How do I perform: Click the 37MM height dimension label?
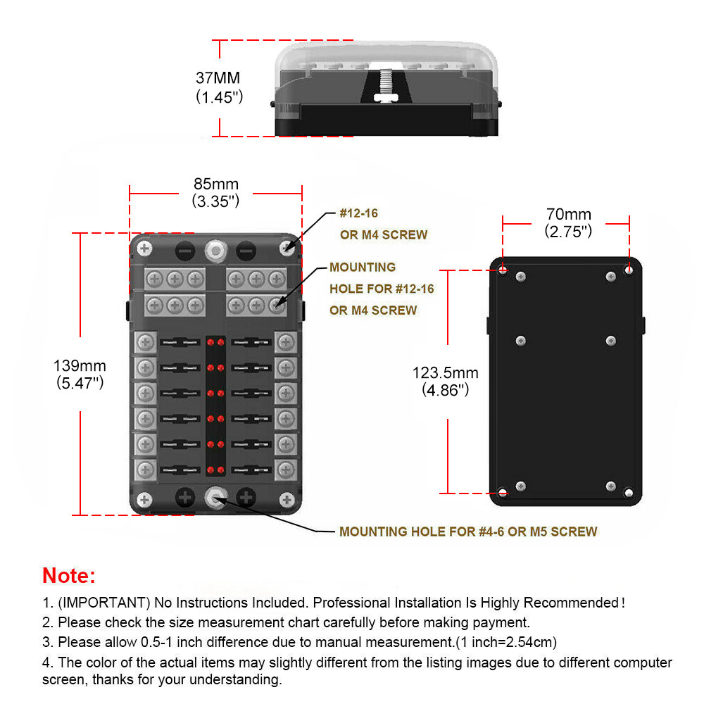pyautogui.click(x=219, y=78)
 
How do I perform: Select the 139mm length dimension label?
pyautogui.click(x=80, y=366)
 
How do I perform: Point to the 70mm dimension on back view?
pyautogui.click(x=568, y=214)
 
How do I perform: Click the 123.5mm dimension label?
pyautogui.click(x=446, y=373)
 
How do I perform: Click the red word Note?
pyautogui.click(x=68, y=575)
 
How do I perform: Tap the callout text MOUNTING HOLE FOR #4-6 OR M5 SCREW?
pyautogui.click(x=467, y=532)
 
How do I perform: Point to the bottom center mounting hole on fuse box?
pyautogui.click(x=215, y=498)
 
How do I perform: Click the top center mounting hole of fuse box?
pyautogui.click(x=215, y=249)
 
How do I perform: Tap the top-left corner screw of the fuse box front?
pyautogui.click(x=145, y=249)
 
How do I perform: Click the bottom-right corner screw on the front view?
pyautogui.click(x=286, y=499)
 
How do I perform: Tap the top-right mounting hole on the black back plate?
pyautogui.click(x=629, y=269)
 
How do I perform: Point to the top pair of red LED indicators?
pyautogui.click(x=215, y=342)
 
